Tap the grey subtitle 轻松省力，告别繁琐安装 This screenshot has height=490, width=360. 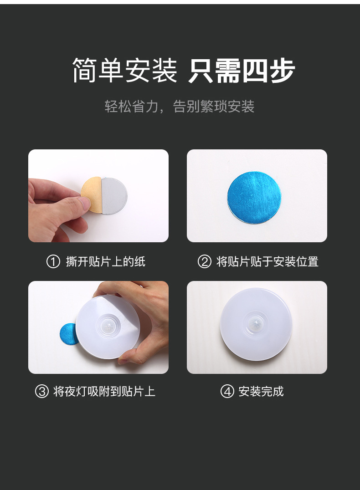pyautogui.click(x=180, y=107)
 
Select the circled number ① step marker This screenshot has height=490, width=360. pyautogui.click(x=53, y=262)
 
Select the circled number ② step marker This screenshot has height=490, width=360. pyautogui.click(x=204, y=262)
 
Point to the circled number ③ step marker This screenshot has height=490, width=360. pyautogui.click(x=41, y=392)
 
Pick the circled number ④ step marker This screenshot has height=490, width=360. pyautogui.click(x=227, y=392)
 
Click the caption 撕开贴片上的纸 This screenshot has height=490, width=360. pyautogui.click(x=106, y=262)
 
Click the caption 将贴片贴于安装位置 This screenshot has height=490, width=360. pyautogui.click(x=267, y=262)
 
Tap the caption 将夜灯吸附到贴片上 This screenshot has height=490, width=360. pyautogui.click(x=104, y=392)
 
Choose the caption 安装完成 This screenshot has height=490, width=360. pyautogui.click(x=261, y=392)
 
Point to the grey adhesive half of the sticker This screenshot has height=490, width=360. pyautogui.click(x=113, y=196)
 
